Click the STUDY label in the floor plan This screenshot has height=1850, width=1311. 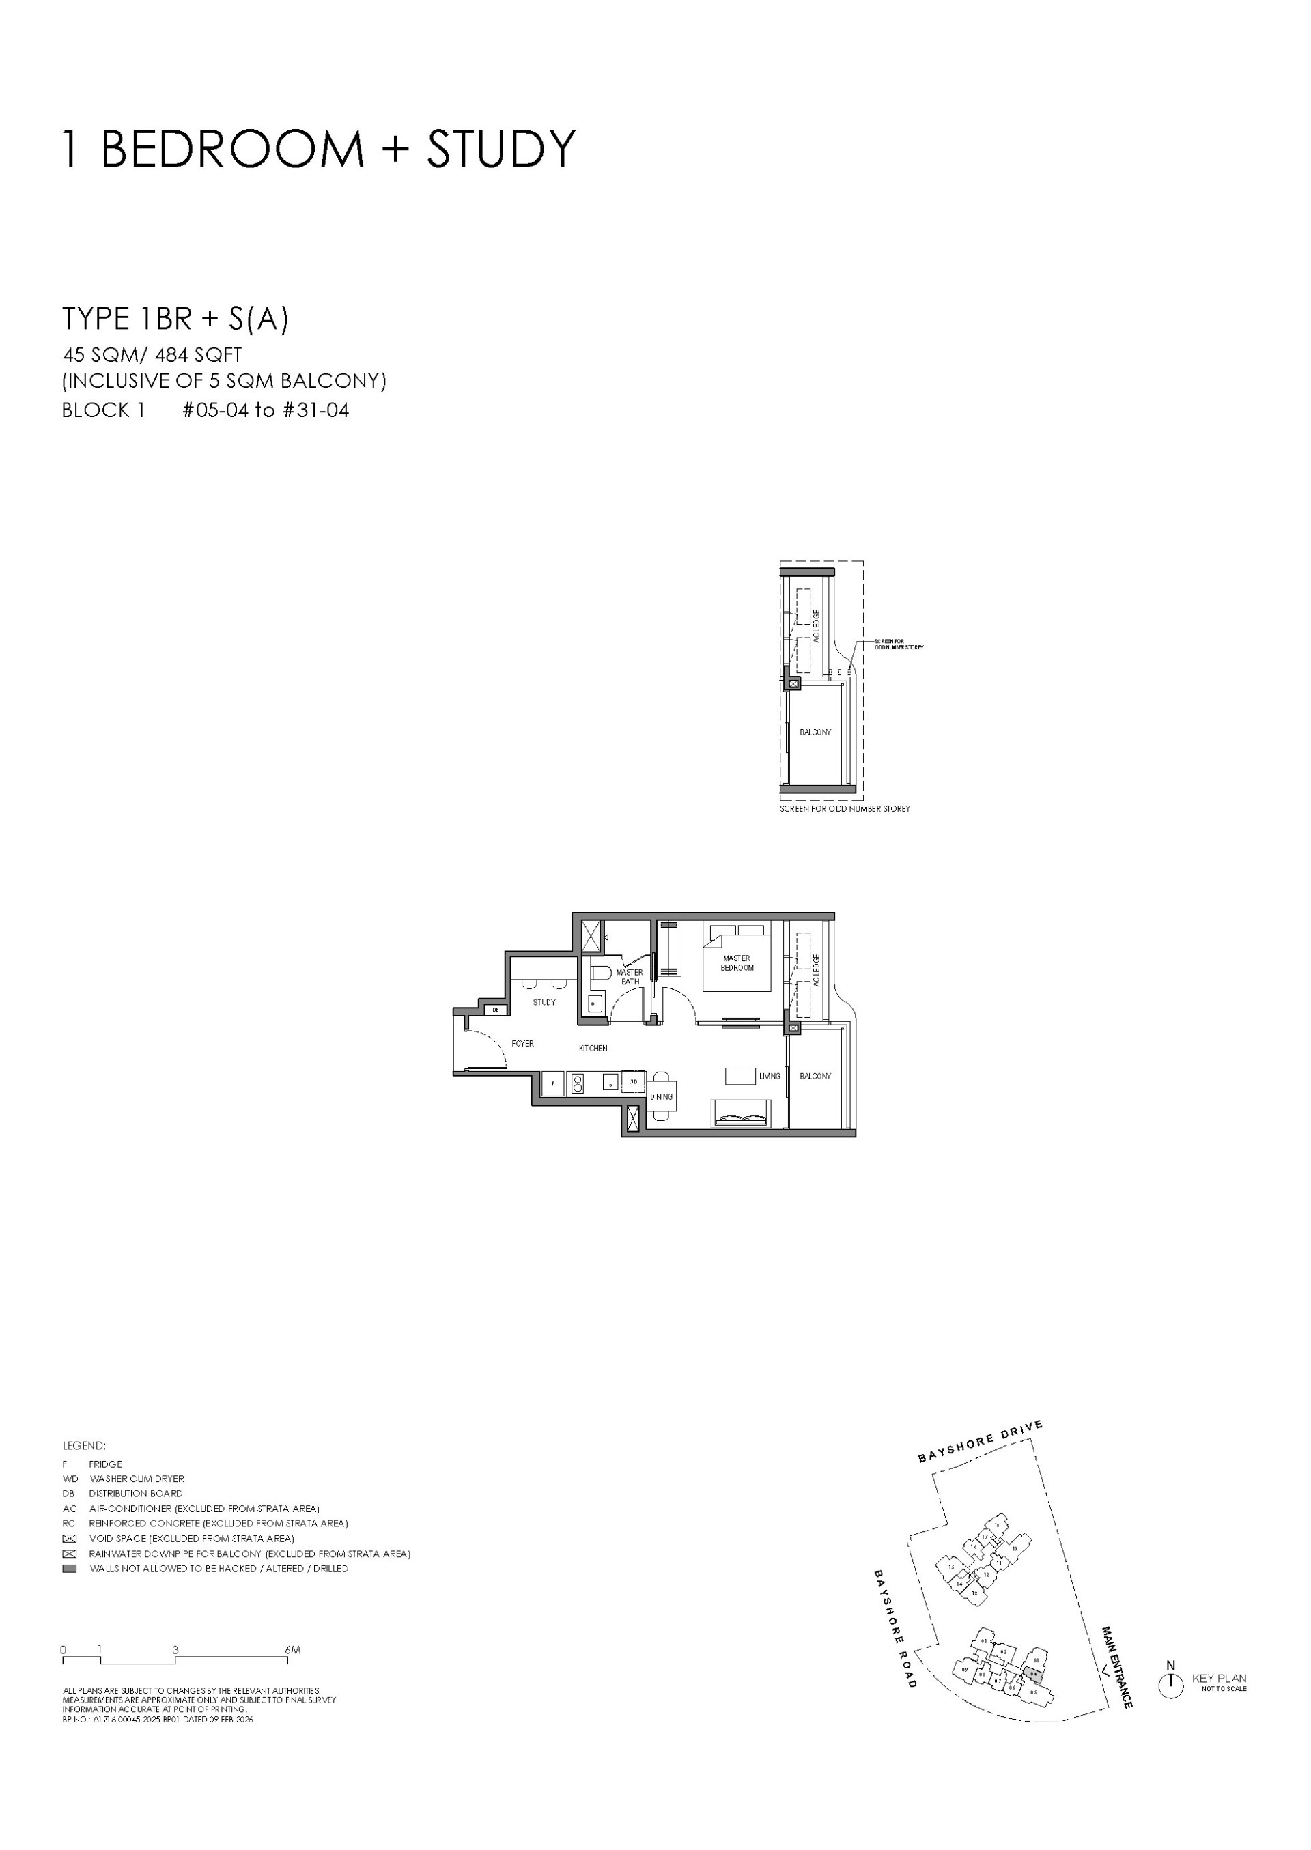point(544,1003)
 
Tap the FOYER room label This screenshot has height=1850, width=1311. point(522,1044)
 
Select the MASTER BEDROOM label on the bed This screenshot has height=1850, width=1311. point(737,963)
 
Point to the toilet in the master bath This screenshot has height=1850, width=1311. point(598,974)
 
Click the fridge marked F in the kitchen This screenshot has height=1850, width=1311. point(553,1083)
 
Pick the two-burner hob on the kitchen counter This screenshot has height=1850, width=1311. point(577,1083)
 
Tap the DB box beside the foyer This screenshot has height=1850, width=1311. point(496,1010)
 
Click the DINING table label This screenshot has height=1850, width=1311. point(661,1097)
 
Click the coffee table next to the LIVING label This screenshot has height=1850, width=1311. point(739,1076)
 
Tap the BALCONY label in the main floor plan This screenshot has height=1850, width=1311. point(815,1076)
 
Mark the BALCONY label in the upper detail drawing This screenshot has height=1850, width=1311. point(815,732)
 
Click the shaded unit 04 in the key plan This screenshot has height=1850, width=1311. point(1033,1674)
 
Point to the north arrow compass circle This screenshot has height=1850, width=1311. point(1170,1686)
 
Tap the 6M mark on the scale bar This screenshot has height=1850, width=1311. point(292,1651)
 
